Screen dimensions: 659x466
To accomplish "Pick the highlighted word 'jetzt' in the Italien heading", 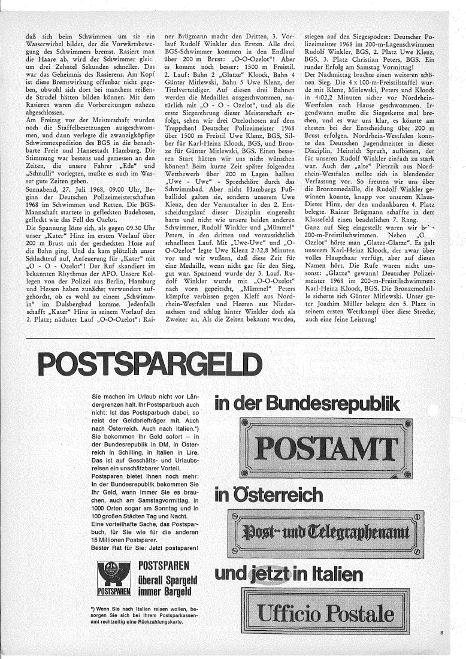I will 264,574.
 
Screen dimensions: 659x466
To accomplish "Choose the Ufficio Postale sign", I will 326,615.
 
